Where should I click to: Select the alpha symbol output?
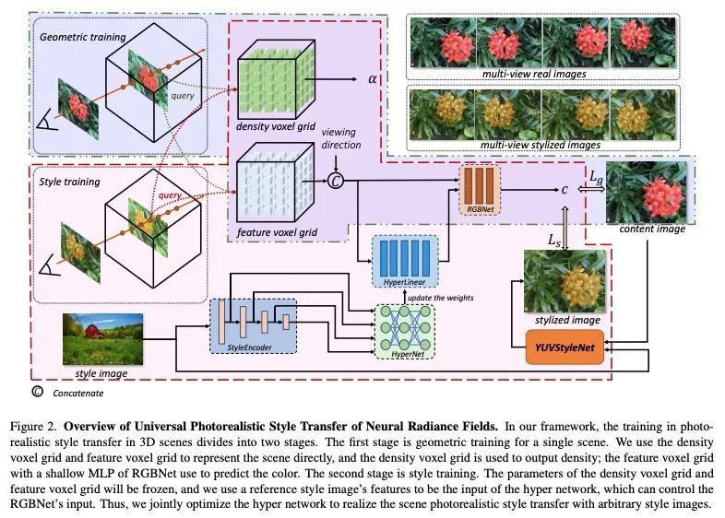(x=374, y=78)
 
